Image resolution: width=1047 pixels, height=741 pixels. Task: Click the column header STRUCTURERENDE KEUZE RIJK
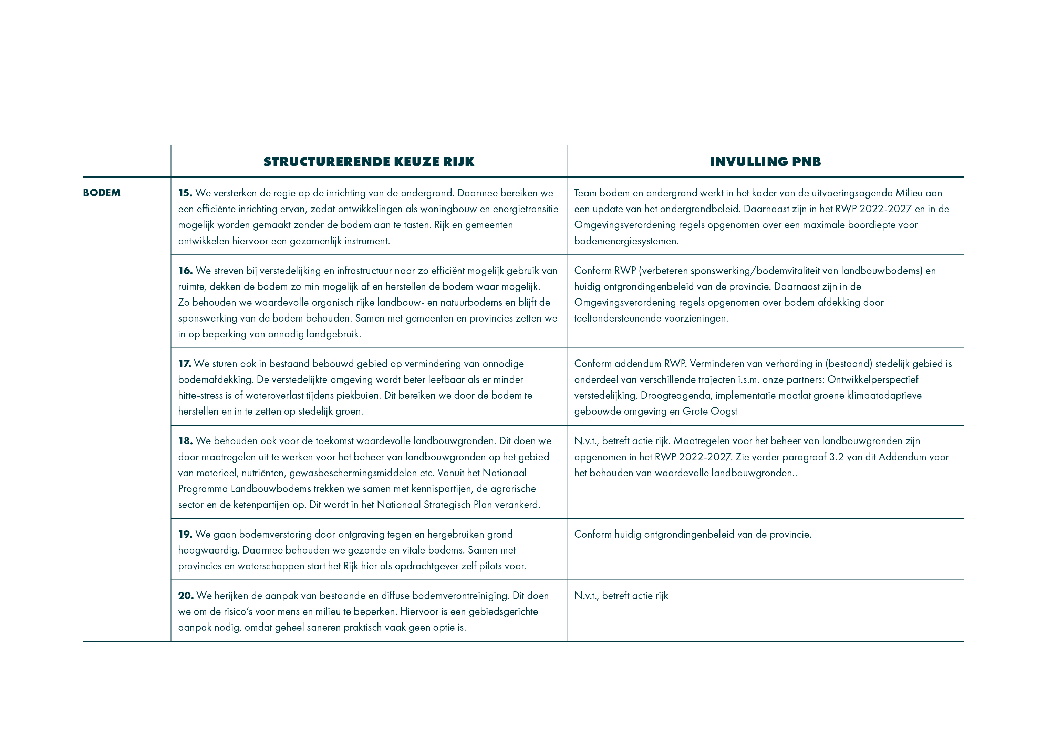click(x=369, y=162)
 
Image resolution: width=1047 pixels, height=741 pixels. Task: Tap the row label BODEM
click(x=102, y=193)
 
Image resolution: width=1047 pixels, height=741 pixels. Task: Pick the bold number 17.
click(x=184, y=364)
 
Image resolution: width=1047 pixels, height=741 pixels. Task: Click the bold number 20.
click(x=186, y=596)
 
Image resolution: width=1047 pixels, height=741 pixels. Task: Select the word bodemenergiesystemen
click(x=626, y=241)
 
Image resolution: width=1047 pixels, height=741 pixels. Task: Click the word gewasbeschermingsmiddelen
click(x=353, y=473)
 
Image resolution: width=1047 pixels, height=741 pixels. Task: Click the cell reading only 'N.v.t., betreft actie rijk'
click(x=621, y=596)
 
